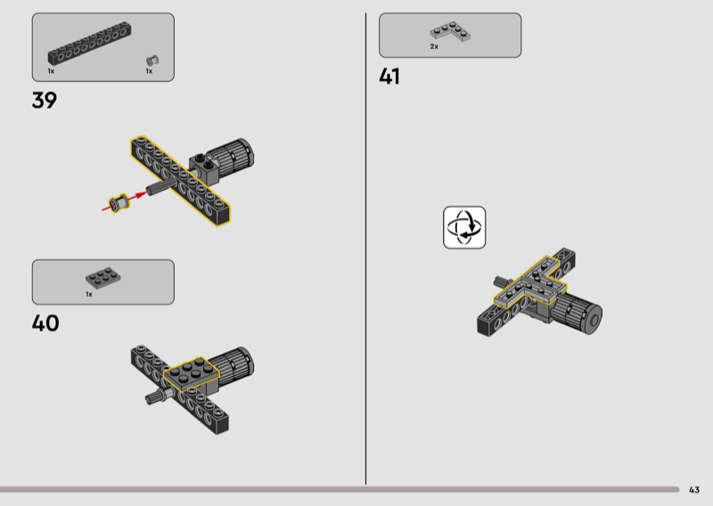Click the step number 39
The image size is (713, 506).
coord(44,100)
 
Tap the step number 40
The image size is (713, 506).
coord(45,323)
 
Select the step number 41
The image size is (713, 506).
coord(389,77)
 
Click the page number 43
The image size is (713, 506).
coord(694,490)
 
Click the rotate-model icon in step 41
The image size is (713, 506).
coord(464,227)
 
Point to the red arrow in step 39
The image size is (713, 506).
coord(124,201)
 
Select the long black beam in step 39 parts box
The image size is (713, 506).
coord(90,44)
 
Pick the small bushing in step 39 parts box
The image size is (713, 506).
coord(152,61)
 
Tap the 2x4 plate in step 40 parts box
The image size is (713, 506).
coord(102,277)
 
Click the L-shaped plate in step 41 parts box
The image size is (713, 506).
coord(450,31)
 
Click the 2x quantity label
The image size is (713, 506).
coord(434,46)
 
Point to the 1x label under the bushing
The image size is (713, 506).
coord(149,71)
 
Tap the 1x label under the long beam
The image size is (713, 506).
coord(51,71)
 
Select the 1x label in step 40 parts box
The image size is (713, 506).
coord(89,294)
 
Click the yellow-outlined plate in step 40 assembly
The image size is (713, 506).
coord(192,374)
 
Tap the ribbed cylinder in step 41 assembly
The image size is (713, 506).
coord(576,313)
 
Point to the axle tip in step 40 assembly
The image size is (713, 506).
coord(149,400)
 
